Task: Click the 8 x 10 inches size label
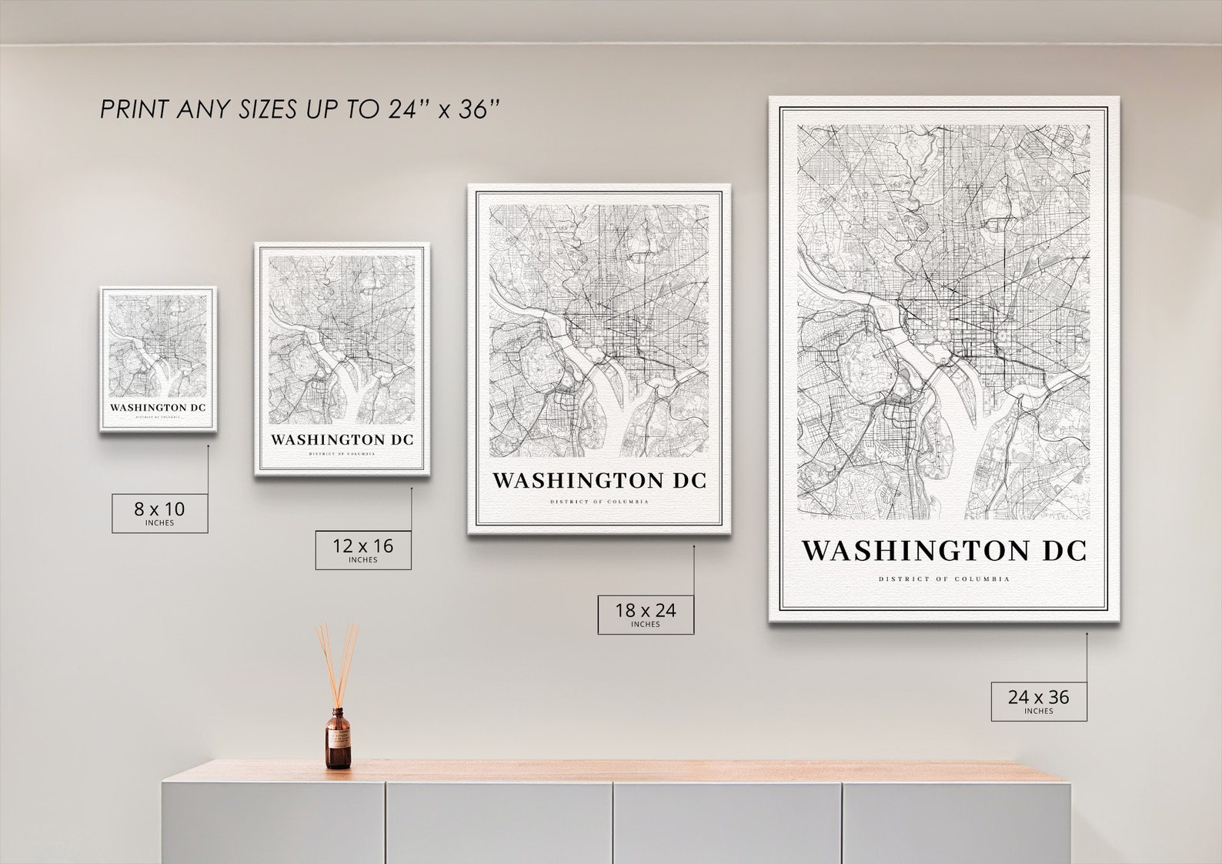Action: coord(159,512)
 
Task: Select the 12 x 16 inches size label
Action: coord(362,549)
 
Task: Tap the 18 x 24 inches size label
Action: coord(645,614)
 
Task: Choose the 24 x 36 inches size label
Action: coord(1038,701)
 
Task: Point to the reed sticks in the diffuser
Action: coord(337,662)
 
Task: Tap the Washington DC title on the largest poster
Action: coord(943,551)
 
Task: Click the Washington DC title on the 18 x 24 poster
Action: coord(599,481)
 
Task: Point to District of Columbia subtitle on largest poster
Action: coord(943,579)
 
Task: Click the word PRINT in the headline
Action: coord(134,110)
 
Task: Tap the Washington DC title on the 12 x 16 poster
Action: coord(342,440)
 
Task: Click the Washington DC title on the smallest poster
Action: coord(158,407)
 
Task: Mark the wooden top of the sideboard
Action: coord(616,771)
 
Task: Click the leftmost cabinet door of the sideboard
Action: coord(273,823)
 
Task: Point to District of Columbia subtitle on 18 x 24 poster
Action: coord(599,502)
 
